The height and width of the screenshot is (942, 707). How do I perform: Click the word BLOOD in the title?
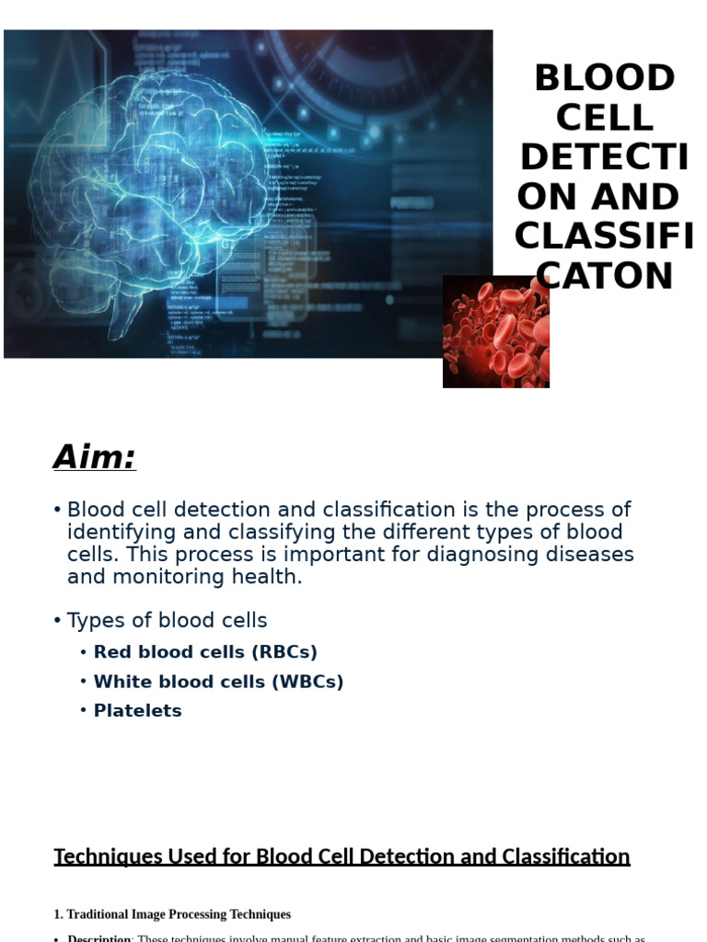click(605, 79)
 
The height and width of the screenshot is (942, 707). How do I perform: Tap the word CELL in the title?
click(605, 119)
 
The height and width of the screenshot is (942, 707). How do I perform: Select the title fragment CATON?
click(605, 277)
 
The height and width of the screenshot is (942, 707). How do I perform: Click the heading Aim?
click(95, 457)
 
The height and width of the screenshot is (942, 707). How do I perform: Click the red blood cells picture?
click(495, 332)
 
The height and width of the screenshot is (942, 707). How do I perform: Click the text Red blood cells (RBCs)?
click(205, 652)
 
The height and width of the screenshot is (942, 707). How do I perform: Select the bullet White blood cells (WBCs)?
click(218, 682)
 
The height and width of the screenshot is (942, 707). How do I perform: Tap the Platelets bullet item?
click(137, 711)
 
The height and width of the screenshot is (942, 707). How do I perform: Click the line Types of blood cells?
click(167, 621)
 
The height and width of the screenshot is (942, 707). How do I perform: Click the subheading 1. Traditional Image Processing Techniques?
click(172, 914)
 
